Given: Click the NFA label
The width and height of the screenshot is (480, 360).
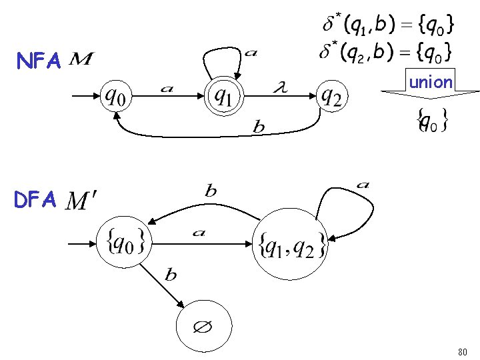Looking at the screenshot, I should pyautogui.click(x=39, y=62).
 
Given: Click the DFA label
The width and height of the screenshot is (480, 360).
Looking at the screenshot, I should pyautogui.click(x=39, y=199).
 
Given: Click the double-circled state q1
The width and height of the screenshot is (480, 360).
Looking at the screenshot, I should pyautogui.click(x=224, y=97).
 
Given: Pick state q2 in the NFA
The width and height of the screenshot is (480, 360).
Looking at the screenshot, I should pyautogui.click(x=331, y=97).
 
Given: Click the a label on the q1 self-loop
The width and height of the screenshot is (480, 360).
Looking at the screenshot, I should pyautogui.click(x=250, y=53).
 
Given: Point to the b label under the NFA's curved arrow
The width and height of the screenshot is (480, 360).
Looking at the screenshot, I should pyautogui.click(x=259, y=127).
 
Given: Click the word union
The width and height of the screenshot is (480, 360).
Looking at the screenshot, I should pyautogui.click(x=431, y=83).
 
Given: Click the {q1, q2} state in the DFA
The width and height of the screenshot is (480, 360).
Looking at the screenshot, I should pyautogui.click(x=292, y=247).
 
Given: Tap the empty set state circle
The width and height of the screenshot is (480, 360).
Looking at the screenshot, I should pyautogui.click(x=203, y=327).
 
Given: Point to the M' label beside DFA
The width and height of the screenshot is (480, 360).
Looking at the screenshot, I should pyautogui.click(x=83, y=200).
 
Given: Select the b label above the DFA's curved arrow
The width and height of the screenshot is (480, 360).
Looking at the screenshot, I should pyautogui.click(x=211, y=191).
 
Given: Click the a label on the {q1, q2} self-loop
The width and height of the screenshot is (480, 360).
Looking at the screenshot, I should pyautogui.click(x=364, y=185).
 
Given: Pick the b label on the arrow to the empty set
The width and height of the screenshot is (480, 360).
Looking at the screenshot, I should pyautogui.click(x=171, y=275).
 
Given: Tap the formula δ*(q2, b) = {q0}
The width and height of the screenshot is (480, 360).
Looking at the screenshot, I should pyautogui.click(x=387, y=51).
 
